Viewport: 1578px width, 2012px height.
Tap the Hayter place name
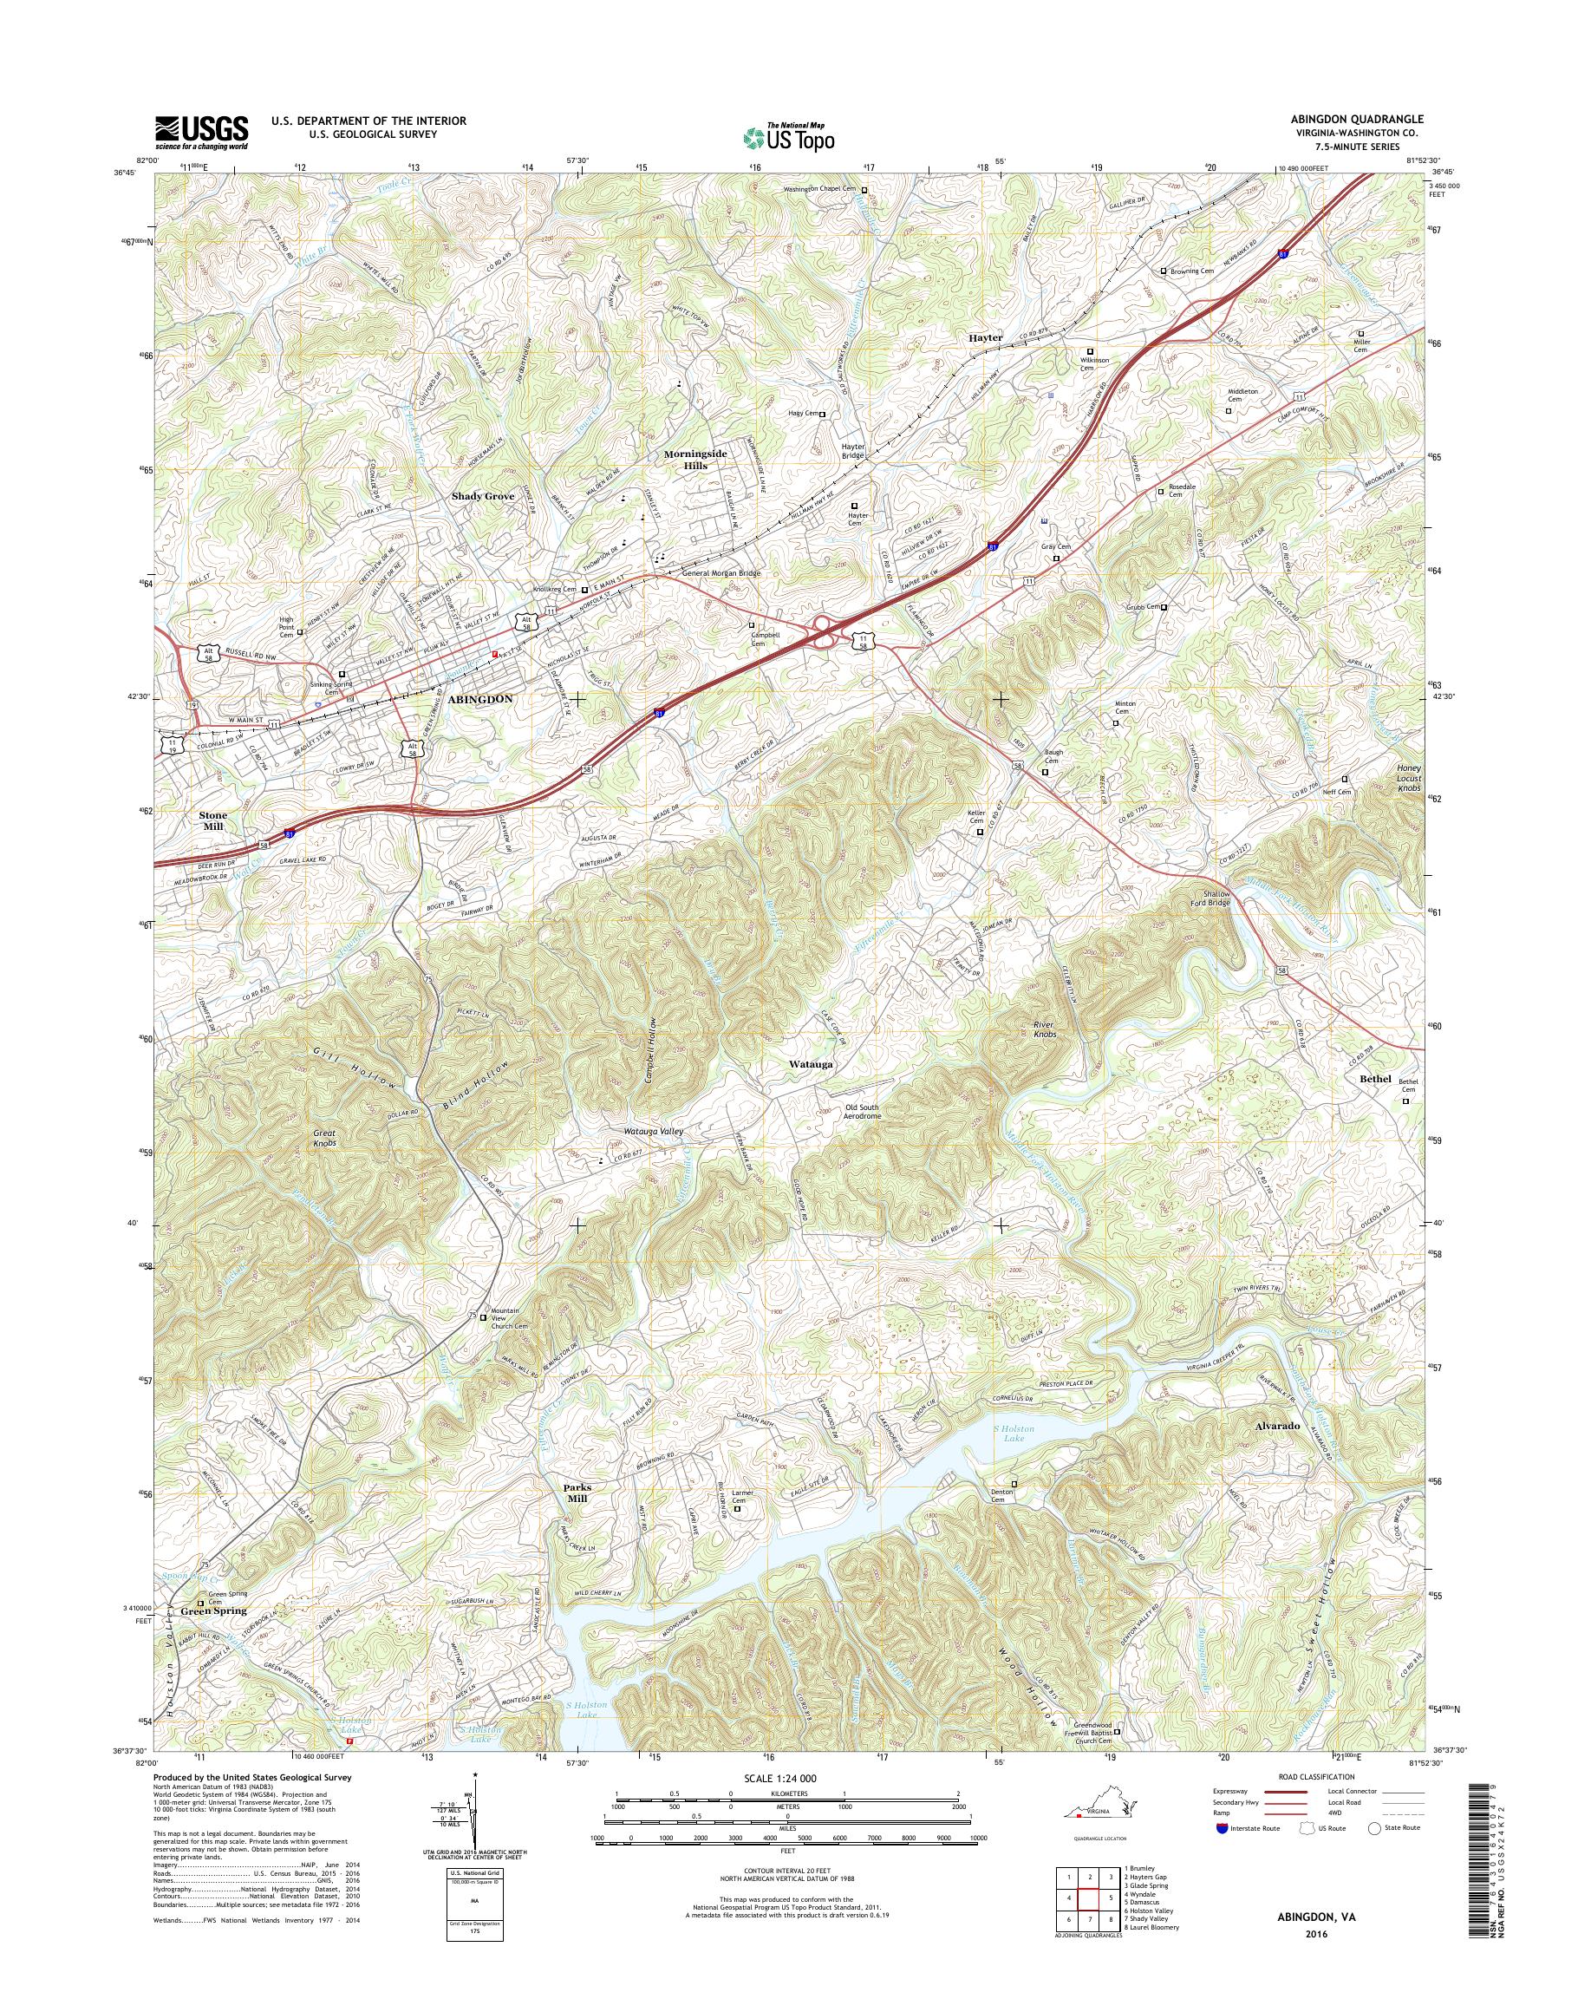pos(986,338)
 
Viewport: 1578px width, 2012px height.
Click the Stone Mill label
pos(213,820)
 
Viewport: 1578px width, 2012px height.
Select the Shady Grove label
pos(482,496)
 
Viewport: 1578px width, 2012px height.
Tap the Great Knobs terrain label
pos(324,1138)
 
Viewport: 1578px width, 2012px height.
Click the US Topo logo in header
pos(788,138)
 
